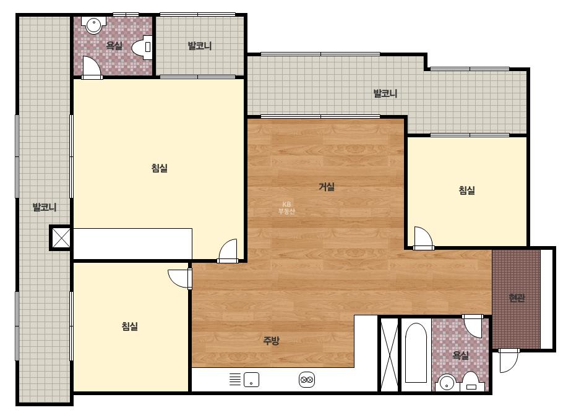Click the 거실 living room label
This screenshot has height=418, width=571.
pyautogui.click(x=326, y=187)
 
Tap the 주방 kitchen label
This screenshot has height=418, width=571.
pyautogui.click(x=272, y=341)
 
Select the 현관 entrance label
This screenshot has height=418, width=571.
pyautogui.click(x=517, y=298)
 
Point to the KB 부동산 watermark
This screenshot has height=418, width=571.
pyautogui.click(x=286, y=208)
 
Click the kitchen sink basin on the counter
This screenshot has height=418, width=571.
pyautogui.click(x=251, y=380)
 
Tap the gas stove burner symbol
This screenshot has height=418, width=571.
pyautogui.click(x=306, y=380)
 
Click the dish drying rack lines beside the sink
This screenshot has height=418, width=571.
pyautogui.click(x=235, y=380)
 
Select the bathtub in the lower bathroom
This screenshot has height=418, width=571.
pyautogui.click(x=416, y=352)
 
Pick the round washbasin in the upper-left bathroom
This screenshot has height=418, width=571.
pyautogui.click(x=93, y=25)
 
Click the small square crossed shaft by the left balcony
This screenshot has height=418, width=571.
pyautogui.click(x=61, y=238)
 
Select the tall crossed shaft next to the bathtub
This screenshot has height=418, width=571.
pyautogui.click(x=389, y=355)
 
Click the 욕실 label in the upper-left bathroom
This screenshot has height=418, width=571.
pyautogui.click(x=114, y=46)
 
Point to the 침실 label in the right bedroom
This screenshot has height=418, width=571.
pyautogui.click(x=466, y=190)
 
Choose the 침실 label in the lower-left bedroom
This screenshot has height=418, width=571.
pyautogui.click(x=130, y=326)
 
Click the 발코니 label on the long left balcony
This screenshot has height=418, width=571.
pyautogui.click(x=45, y=207)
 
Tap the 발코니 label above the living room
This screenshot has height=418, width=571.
pyautogui.click(x=385, y=93)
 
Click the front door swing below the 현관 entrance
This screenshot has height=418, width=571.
pyautogui.click(x=509, y=360)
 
